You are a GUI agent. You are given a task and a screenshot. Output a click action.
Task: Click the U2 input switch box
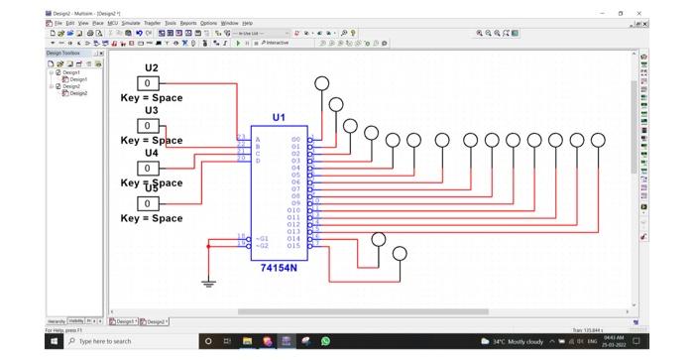tap(148, 83)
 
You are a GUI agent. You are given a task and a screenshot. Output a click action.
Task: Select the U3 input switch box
tap(148, 126)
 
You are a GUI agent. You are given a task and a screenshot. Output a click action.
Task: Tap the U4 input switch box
tap(148, 168)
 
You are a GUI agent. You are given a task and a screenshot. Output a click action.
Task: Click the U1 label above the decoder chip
tap(279, 117)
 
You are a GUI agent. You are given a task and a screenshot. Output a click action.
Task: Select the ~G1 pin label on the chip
tap(262, 238)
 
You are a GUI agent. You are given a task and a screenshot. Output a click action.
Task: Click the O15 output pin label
tap(293, 245)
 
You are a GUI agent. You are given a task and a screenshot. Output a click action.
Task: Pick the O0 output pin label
tap(295, 140)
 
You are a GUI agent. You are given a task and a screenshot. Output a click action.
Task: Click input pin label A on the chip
tap(258, 140)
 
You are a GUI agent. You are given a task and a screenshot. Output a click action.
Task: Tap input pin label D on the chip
tap(258, 161)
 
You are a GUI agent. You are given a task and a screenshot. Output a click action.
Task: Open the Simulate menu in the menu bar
tap(131, 23)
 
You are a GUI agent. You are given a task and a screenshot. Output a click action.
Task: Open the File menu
tap(58, 23)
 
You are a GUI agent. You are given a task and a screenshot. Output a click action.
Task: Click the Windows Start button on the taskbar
tap(55, 341)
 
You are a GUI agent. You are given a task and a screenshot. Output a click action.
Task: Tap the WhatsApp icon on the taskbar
tap(325, 341)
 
